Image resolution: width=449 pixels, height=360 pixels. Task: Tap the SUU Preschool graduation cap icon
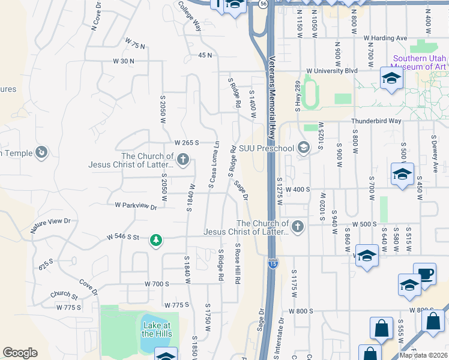tap(304, 148)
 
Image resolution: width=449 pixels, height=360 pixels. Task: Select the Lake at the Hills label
tap(157, 329)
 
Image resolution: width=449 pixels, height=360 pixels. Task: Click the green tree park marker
tap(156, 240)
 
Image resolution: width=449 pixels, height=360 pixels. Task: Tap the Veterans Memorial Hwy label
tap(271, 96)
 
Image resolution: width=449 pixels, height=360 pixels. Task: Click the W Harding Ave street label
tap(385, 38)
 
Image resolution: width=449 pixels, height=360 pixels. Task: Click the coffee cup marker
tap(424, 274)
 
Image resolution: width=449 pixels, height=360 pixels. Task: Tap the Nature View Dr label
tap(51, 226)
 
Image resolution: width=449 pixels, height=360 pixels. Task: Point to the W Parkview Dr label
tap(136, 206)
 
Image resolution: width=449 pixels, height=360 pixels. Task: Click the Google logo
tap(20, 353)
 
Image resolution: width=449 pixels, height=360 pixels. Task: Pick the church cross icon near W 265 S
tap(183, 159)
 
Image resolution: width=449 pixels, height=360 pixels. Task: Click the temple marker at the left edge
tap(41, 152)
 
